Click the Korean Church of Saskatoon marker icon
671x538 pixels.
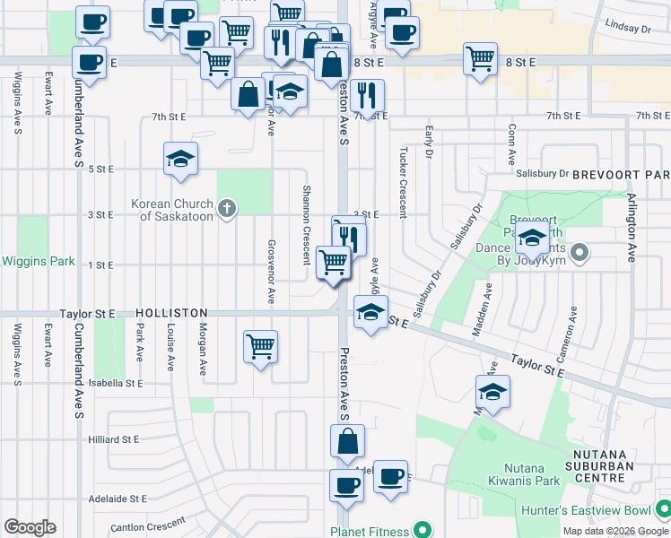(x=228, y=210)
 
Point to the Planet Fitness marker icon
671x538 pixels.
(x=418, y=530)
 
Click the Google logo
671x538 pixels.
(x=30, y=527)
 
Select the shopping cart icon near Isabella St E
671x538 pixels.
(x=260, y=345)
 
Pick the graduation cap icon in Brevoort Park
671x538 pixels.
(x=533, y=239)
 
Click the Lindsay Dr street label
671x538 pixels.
(x=627, y=29)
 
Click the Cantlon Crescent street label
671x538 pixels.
(x=147, y=524)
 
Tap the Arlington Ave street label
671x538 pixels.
(x=632, y=228)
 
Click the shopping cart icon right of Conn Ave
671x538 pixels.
(x=480, y=59)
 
